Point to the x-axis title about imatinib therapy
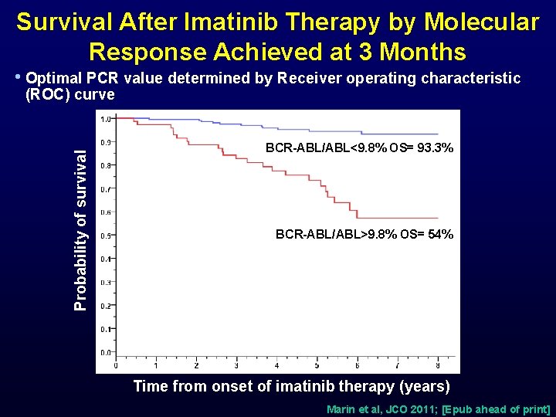click(291, 385)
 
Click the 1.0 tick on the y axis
click(105, 118)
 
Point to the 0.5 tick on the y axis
click(105, 236)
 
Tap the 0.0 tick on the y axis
click(105, 352)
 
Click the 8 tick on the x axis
click(438, 365)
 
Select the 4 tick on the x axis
click(277, 365)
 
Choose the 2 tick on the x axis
click(196, 365)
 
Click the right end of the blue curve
click(438, 134)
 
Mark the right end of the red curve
click(438, 219)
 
